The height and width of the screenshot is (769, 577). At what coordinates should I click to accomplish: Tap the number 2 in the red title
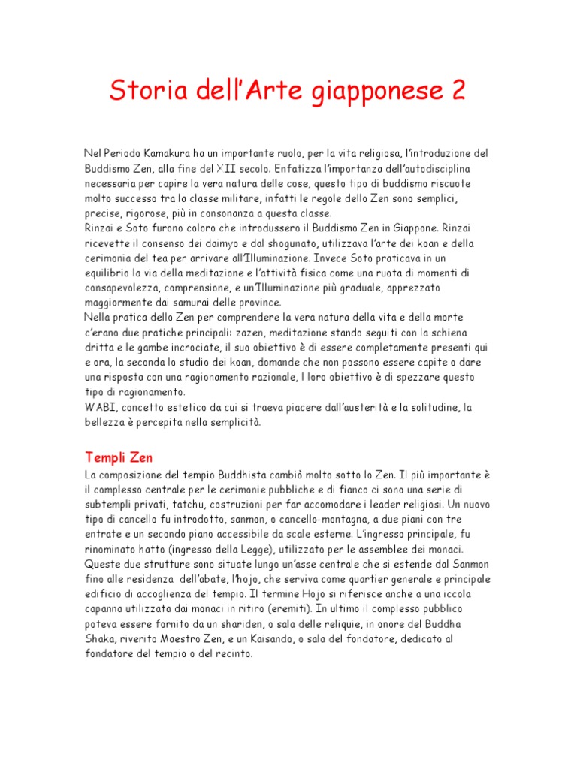point(457,92)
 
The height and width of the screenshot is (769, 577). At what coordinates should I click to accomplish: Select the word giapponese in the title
point(371,93)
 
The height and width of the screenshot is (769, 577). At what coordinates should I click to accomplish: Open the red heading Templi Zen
point(119,457)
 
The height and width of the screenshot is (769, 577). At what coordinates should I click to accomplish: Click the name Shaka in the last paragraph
point(101,639)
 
